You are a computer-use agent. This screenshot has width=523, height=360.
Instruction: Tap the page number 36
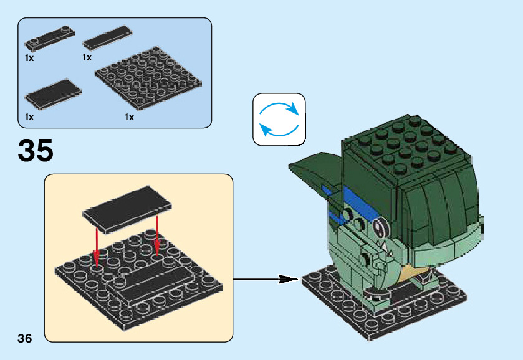point(25,338)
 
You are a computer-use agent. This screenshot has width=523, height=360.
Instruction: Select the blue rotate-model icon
point(279,120)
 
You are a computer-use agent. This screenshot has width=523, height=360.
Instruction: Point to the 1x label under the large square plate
point(129,116)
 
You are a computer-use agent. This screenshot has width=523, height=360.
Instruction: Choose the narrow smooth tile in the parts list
point(107,38)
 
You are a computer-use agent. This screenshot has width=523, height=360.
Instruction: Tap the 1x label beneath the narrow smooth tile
point(87,57)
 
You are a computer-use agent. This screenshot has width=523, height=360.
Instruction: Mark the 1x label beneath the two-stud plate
point(29,57)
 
